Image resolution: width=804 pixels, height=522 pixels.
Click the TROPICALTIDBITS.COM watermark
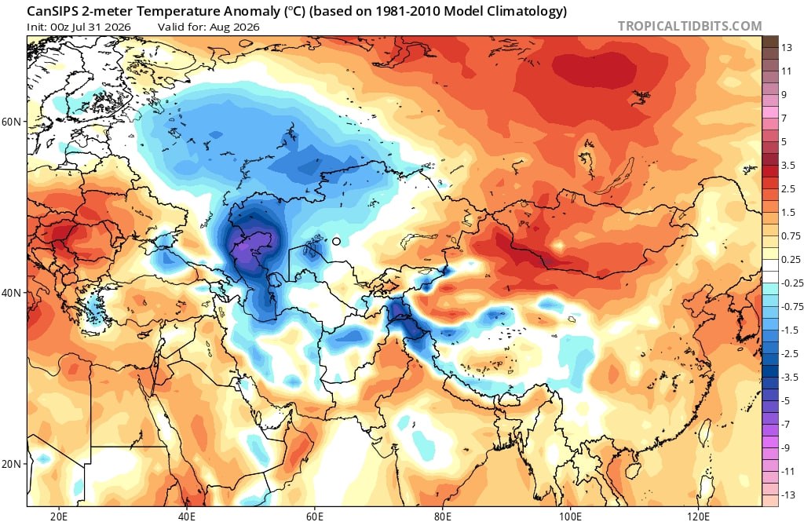pyautogui.click(x=689, y=26)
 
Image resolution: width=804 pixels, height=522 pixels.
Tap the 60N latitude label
pyautogui.click(x=11, y=122)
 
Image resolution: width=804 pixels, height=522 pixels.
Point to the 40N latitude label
pyautogui.click(x=11, y=293)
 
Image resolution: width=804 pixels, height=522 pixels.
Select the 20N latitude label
pyautogui.click(x=11, y=464)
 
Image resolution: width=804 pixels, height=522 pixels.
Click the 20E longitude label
pyautogui.click(x=59, y=514)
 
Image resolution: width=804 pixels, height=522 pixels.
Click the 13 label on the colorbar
pyautogui.click(x=787, y=48)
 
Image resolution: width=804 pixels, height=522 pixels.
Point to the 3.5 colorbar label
pyautogui.click(x=788, y=165)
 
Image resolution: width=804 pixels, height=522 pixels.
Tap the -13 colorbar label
pyautogui.click(x=788, y=495)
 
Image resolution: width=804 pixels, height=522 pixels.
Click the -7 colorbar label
pyautogui.click(x=786, y=424)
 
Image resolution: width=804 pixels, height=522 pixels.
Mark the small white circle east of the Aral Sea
pyautogui.click(x=336, y=241)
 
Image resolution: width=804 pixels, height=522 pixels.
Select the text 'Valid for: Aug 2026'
pyautogui.click(x=209, y=27)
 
